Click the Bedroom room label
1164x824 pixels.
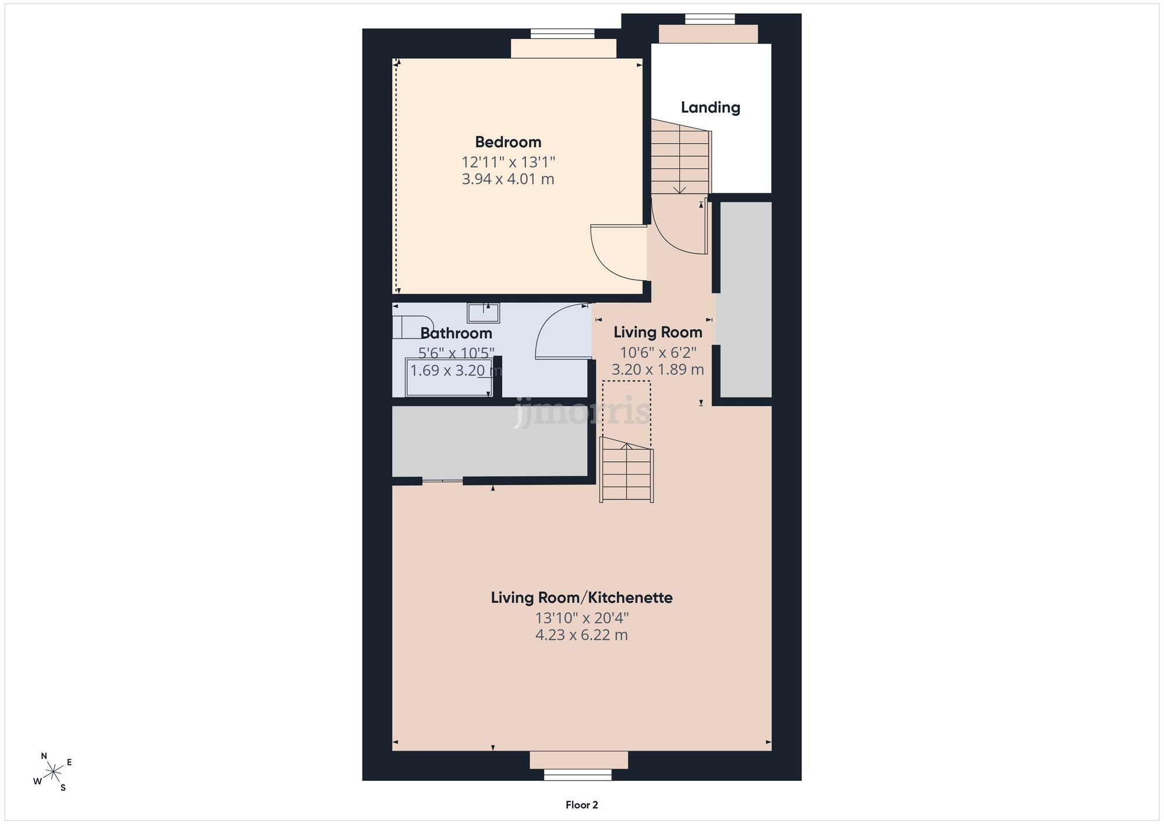coord(508,142)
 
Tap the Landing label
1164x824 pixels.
coord(711,108)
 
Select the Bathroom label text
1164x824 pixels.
coord(456,333)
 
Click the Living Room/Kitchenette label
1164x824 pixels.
coord(582,597)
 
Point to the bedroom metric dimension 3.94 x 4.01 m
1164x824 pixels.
coord(508,179)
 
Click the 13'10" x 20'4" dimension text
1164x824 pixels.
coord(582,617)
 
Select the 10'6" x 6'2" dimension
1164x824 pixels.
coord(658,352)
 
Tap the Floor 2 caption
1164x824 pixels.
coord(582,805)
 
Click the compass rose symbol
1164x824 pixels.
coord(53,772)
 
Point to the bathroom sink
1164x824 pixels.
coord(483,313)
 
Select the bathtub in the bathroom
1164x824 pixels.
coord(449,377)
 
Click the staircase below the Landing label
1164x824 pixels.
coord(680,157)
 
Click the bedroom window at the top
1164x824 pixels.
coord(563,34)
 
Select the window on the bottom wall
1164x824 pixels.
coord(578,775)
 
